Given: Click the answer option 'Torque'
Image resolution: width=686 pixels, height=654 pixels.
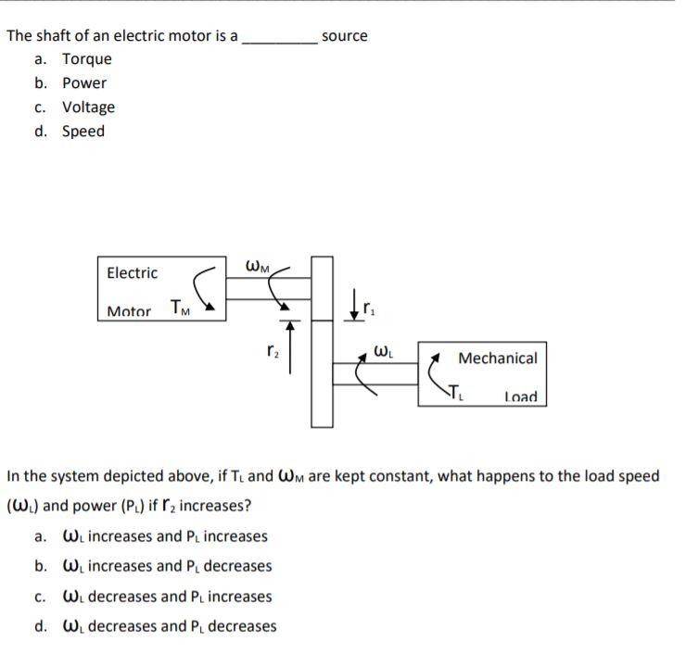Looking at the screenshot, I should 86,59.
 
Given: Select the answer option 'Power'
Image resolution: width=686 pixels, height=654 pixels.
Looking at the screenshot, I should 84,83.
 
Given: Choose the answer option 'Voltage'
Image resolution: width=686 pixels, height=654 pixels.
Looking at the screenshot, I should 88,107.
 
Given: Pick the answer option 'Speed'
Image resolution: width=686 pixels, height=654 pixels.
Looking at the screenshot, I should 83,132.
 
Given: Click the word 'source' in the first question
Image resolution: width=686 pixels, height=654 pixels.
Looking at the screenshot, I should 344,36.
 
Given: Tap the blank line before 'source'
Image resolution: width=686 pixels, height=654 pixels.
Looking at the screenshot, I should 279,40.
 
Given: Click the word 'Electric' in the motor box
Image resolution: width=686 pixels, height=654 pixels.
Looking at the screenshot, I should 133,273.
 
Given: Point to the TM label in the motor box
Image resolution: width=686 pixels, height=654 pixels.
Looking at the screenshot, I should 181,308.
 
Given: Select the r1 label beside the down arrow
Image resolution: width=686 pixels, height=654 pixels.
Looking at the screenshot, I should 368,303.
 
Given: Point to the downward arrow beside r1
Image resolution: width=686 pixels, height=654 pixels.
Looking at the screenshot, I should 354,306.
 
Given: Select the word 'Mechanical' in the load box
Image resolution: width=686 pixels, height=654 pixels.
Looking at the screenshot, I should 498,358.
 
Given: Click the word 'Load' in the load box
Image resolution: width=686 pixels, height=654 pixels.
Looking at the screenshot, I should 520,397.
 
